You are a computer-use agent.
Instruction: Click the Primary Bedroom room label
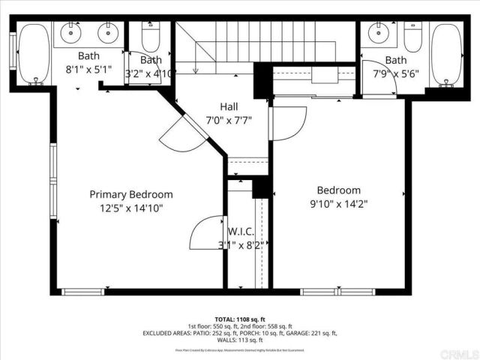pyautogui.click(x=131, y=194)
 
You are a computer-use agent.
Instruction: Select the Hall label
pyautogui.click(x=229, y=106)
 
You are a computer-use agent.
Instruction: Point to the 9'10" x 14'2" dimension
pyautogui.click(x=339, y=203)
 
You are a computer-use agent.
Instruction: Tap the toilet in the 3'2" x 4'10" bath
pyautogui.click(x=151, y=37)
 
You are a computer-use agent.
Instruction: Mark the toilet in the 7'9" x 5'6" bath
pyautogui.click(x=412, y=36)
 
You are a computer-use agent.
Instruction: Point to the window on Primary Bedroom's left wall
pyautogui.click(x=53, y=181)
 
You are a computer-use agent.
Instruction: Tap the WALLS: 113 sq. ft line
pyautogui.click(x=239, y=340)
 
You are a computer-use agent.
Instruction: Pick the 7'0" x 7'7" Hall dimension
pyautogui.click(x=229, y=120)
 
